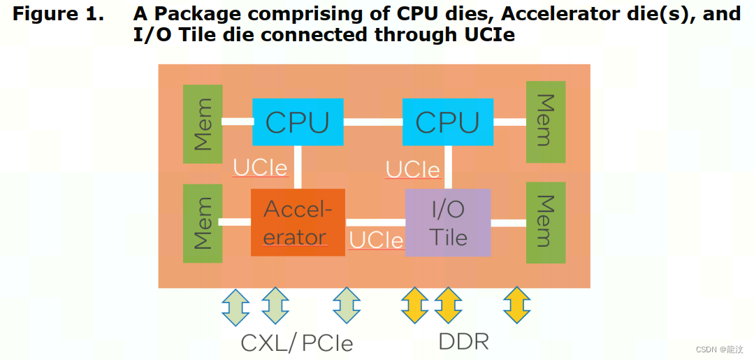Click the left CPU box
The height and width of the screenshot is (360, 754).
click(x=298, y=122)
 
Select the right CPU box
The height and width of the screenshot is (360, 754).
click(x=447, y=122)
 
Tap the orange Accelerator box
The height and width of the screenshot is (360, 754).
click(x=298, y=222)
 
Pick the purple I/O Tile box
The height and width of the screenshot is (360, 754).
click(x=448, y=222)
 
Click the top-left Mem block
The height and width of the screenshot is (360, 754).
click(x=202, y=124)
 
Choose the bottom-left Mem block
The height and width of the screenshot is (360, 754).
click(x=202, y=223)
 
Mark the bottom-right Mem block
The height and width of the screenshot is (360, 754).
click(x=545, y=222)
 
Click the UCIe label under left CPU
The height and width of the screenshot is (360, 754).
click(x=260, y=168)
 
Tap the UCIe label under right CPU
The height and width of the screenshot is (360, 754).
click(x=412, y=170)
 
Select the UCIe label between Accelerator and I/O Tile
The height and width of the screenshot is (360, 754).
click(x=376, y=240)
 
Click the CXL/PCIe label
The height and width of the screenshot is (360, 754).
click(x=296, y=343)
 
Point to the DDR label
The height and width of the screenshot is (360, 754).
click(x=463, y=342)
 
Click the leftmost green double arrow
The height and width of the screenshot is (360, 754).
click(x=235, y=305)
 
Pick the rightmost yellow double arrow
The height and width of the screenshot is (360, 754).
click(x=517, y=305)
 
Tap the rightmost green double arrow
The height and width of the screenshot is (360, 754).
click(x=347, y=305)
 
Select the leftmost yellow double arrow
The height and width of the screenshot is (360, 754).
click(x=414, y=305)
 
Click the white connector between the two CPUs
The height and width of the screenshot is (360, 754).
click(x=372, y=122)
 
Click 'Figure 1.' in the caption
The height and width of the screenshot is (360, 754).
click(x=57, y=14)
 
